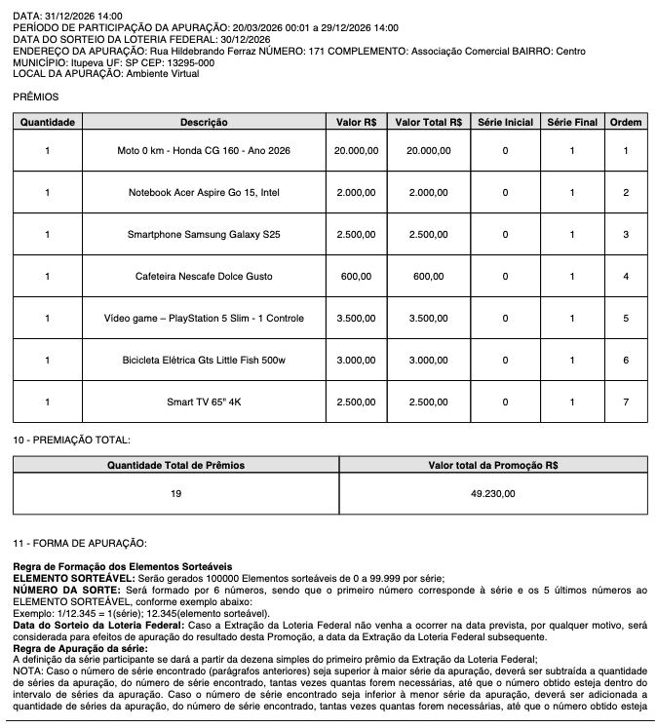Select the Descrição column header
(x=204, y=123)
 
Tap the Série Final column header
(x=572, y=123)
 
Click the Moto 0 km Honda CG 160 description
(x=204, y=151)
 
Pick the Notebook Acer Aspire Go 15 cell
(x=204, y=193)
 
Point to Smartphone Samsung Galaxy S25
(x=204, y=235)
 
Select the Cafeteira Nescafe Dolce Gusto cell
(x=204, y=277)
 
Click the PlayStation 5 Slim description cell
(x=204, y=319)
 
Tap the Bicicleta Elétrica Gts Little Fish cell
(x=204, y=361)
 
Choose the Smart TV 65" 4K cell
(x=204, y=402)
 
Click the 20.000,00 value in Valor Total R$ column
(x=428, y=151)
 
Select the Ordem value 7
(x=625, y=402)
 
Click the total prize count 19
(x=175, y=494)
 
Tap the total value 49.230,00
(x=492, y=494)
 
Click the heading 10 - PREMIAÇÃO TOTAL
(x=71, y=441)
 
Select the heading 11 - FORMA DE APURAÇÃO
(x=79, y=542)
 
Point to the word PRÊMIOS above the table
(x=36, y=97)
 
